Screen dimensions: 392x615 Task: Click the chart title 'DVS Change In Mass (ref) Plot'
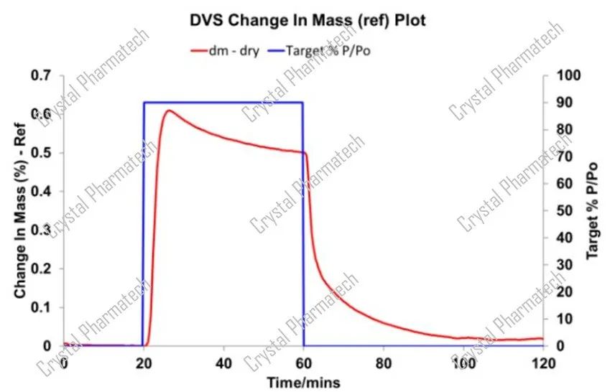307,20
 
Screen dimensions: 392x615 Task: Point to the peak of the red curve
168,111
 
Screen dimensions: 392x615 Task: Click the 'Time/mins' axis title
305,380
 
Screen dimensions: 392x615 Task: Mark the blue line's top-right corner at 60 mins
303,103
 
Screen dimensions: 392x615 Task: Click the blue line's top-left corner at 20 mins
144,103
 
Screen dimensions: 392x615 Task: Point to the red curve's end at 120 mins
542,339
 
